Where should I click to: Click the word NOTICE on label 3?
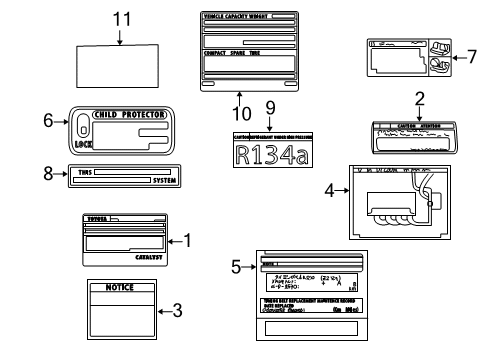pos(119,287)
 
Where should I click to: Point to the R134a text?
pos(269,153)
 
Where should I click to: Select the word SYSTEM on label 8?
pos(158,179)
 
